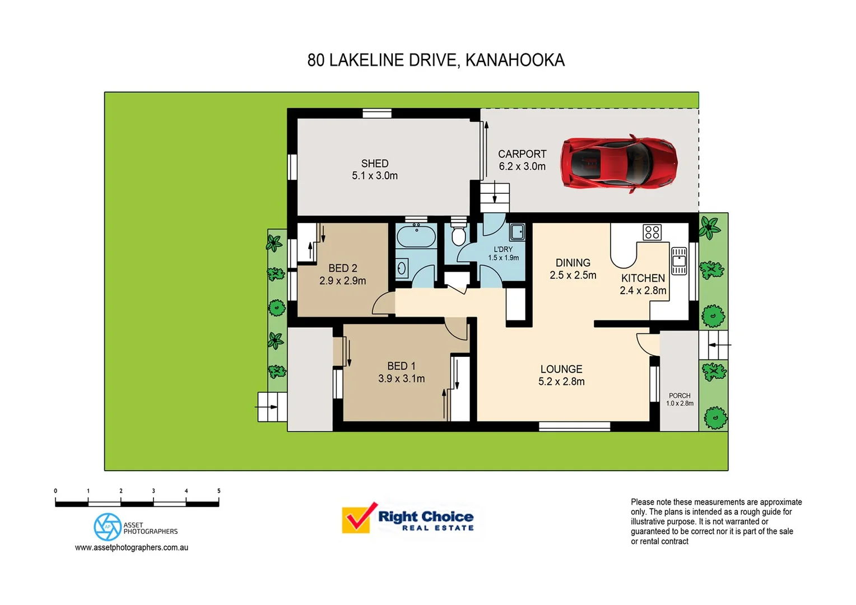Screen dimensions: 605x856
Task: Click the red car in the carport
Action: click(x=619, y=164)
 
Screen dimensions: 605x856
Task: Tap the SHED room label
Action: click(x=375, y=164)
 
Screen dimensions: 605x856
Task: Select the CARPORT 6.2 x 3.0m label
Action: click(x=522, y=160)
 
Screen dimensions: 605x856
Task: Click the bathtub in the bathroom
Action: click(x=416, y=236)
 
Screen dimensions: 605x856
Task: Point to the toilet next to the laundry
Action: click(x=458, y=236)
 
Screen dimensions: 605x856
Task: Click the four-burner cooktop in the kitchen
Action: click(x=652, y=232)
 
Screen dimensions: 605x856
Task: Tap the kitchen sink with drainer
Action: click(x=679, y=261)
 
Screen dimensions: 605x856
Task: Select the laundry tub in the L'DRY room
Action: click(x=517, y=231)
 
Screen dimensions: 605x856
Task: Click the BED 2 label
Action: click(x=343, y=268)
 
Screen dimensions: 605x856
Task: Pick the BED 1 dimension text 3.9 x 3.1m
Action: click(x=401, y=379)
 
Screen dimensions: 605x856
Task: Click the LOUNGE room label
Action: click(x=561, y=369)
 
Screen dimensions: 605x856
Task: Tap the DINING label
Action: click(x=573, y=263)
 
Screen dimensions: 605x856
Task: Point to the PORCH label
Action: click(x=680, y=395)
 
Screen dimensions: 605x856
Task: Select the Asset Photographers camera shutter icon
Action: click(x=108, y=527)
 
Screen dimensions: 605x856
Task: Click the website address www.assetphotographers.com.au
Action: click(x=132, y=547)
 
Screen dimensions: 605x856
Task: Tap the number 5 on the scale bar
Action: click(x=218, y=491)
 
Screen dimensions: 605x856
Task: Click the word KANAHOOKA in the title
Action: click(x=515, y=60)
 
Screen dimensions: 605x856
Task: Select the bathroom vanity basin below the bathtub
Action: click(x=402, y=269)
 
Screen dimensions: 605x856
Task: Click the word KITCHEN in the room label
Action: click(x=643, y=278)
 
